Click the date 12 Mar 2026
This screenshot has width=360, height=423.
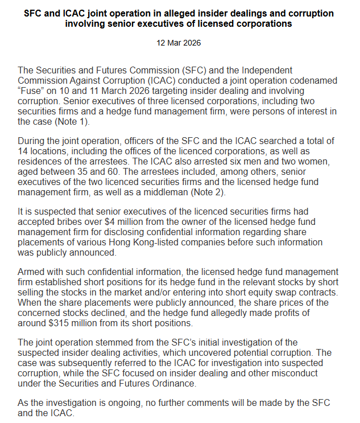pyautogui.click(x=179, y=43)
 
